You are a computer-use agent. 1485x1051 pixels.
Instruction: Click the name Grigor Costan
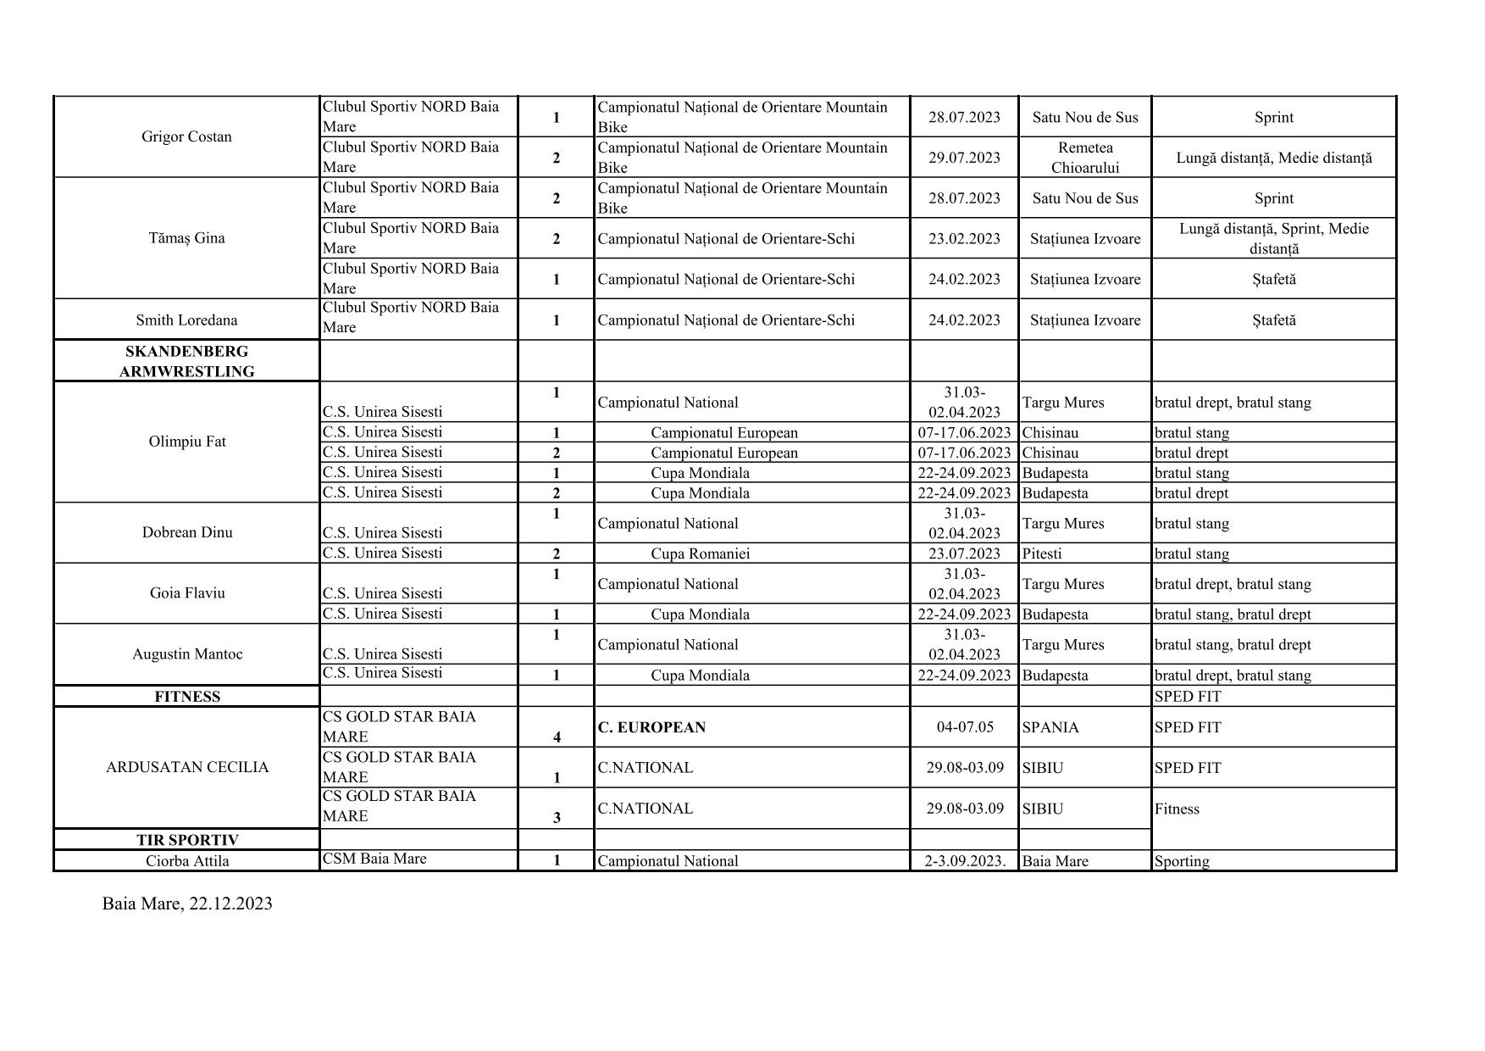pos(186,136)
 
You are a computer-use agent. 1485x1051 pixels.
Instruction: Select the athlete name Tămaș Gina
pos(186,238)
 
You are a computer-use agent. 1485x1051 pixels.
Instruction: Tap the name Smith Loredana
pos(186,320)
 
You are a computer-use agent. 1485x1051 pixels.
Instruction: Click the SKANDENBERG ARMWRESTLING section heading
pos(186,361)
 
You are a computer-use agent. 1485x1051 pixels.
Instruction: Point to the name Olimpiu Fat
pos(186,442)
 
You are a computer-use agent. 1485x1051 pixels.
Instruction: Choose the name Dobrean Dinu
pos(186,532)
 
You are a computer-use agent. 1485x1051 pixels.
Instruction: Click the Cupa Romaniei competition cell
pos(700,553)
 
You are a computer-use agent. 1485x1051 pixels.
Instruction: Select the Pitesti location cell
pos(1042,553)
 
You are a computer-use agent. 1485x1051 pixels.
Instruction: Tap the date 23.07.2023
pos(964,553)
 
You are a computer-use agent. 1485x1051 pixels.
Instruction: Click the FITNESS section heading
pos(187,697)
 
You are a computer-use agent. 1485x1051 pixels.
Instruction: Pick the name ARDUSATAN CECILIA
pos(187,767)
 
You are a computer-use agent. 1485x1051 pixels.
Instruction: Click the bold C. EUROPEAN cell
pos(651,727)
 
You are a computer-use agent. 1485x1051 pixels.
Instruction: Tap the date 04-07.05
pos(965,727)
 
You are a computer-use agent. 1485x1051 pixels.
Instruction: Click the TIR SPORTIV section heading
pos(187,840)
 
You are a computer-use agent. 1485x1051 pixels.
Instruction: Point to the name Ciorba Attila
pos(187,861)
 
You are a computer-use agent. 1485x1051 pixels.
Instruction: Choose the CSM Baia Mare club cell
pos(374,859)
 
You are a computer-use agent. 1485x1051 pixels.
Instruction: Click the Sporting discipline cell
pos(1182,861)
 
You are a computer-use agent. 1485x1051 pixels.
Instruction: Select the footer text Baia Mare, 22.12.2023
pos(187,904)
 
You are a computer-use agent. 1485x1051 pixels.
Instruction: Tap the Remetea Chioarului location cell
pos(1085,158)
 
